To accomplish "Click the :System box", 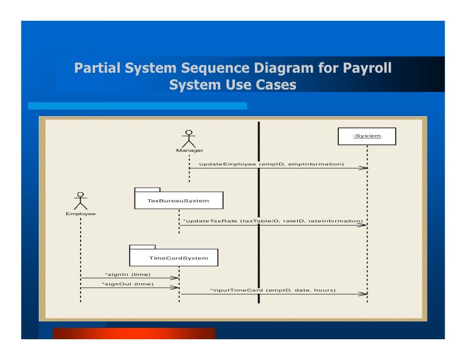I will (367, 136).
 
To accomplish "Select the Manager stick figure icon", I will (188, 138).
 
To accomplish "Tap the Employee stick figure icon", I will (80, 201).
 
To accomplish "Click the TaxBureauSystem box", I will (179, 200).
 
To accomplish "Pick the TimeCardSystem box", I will (174, 258).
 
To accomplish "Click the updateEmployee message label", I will (271, 163).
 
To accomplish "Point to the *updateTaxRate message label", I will (273, 221).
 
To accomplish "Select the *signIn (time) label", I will (128, 274).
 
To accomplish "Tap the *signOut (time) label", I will (128, 284).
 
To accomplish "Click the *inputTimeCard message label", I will (273, 290).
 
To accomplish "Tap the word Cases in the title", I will (276, 86).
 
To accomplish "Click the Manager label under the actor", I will (189, 150).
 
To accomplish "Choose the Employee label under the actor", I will (81, 214).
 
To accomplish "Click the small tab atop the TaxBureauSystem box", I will (147, 189).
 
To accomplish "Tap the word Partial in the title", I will (96, 68).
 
